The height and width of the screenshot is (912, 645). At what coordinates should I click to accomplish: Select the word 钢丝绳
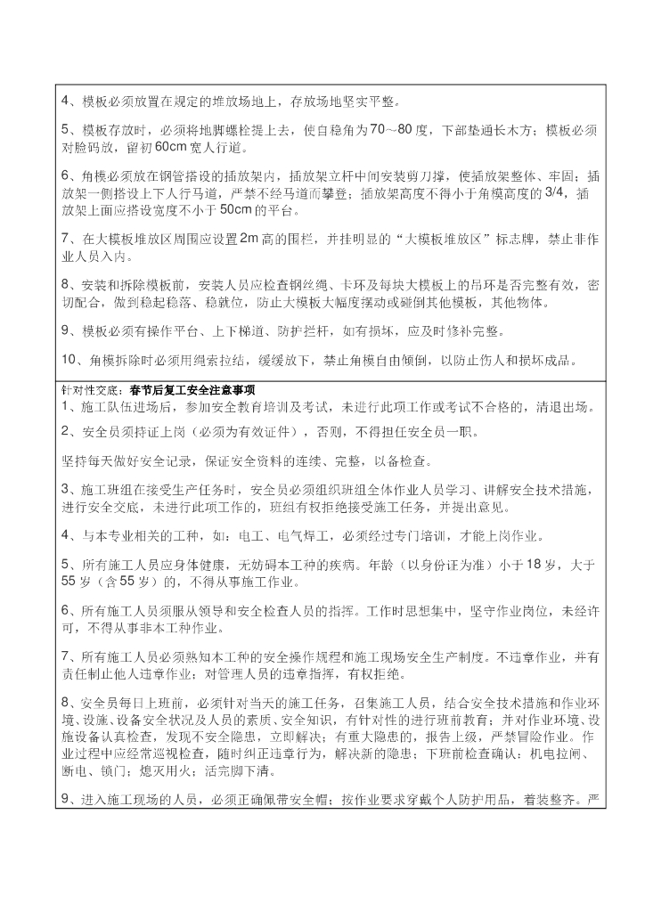327,285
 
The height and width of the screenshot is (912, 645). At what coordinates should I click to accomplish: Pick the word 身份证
429,565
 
